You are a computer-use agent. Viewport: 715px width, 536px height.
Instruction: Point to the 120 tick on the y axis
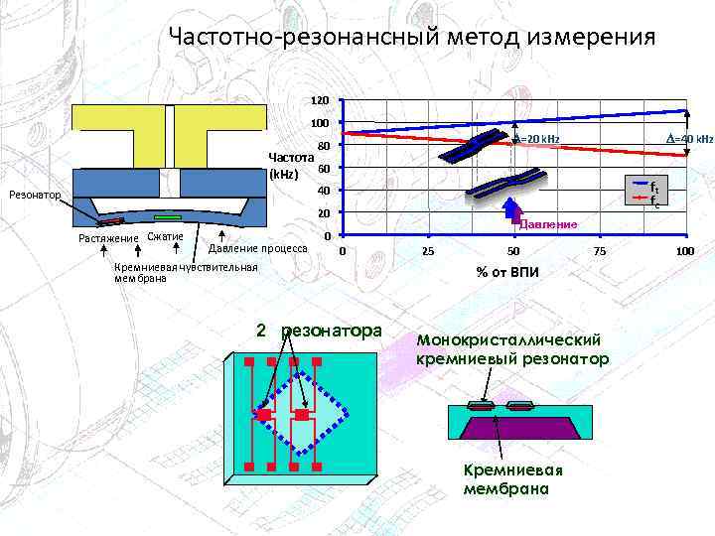tap(318, 101)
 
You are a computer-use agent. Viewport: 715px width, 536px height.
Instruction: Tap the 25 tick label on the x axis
tap(428, 252)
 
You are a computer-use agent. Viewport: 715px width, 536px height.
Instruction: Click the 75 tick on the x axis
tap(600, 252)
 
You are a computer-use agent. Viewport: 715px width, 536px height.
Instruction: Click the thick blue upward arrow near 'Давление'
tap(512, 211)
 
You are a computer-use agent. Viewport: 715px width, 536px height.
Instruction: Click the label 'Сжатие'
tap(165, 237)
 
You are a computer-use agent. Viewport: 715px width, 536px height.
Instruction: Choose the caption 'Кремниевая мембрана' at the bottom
tap(506, 480)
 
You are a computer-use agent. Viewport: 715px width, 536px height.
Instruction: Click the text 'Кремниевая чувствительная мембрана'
tap(186, 273)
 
